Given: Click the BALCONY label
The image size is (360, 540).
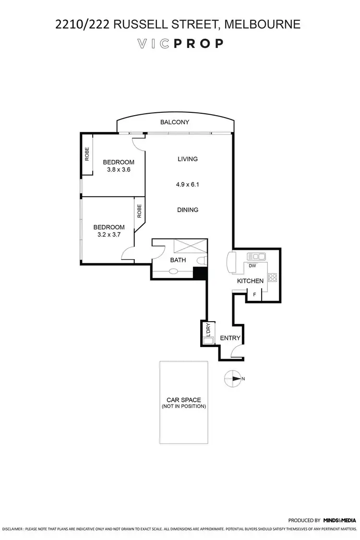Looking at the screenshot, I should (x=175, y=122).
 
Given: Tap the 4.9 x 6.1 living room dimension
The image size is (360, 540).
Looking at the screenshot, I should (x=187, y=184).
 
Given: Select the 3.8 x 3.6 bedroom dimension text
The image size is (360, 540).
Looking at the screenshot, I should (x=118, y=169).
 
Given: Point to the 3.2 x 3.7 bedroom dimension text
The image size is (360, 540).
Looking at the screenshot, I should (x=108, y=235).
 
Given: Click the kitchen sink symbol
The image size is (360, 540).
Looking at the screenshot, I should (x=253, y=256).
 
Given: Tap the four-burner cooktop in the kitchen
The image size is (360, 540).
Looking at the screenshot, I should (x=272, y=277).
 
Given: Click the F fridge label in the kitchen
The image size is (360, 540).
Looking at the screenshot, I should (x=254, y=295).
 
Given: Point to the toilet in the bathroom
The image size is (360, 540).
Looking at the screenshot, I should (x=202, y=261).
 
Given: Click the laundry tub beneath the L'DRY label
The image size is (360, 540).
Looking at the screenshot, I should (x=207, y=341).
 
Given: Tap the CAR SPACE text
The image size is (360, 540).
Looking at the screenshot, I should (x=183, y=400).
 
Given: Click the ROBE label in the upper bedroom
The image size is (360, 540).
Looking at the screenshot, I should (x=87, y=155).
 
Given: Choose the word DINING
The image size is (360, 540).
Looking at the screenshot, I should (x=187, y=210).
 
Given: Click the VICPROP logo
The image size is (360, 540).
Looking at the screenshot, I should (x=180, y=44).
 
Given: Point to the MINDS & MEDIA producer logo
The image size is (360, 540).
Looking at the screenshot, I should (x=340, y=520).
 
